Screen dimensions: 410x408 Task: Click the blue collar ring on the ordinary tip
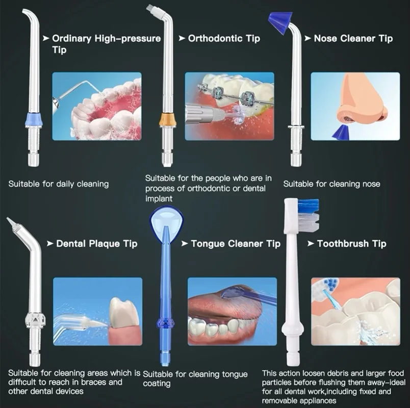(x=34, y=120)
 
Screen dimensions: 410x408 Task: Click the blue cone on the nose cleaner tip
(x=280, y=23)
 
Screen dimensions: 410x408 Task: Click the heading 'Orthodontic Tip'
(x=224, y=38)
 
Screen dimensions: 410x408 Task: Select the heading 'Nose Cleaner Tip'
(x=353, y=38)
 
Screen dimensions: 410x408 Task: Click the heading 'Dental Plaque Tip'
(x=97, y=244)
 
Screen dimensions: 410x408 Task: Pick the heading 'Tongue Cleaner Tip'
(x=236, y=244)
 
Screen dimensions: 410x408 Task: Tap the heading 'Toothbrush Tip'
(x=352, y=244)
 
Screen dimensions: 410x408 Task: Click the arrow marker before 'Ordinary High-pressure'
(x=46, y=38)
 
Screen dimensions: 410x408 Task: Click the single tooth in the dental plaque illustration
(x=124, y=313)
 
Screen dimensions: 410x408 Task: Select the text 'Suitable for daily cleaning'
(x=59, y=184)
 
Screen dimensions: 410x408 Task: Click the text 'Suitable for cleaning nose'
(x=332, y=184)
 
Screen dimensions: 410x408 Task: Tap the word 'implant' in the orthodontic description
(x=159, y=199)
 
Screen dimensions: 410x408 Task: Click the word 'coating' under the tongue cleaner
(x=157, y=384)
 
